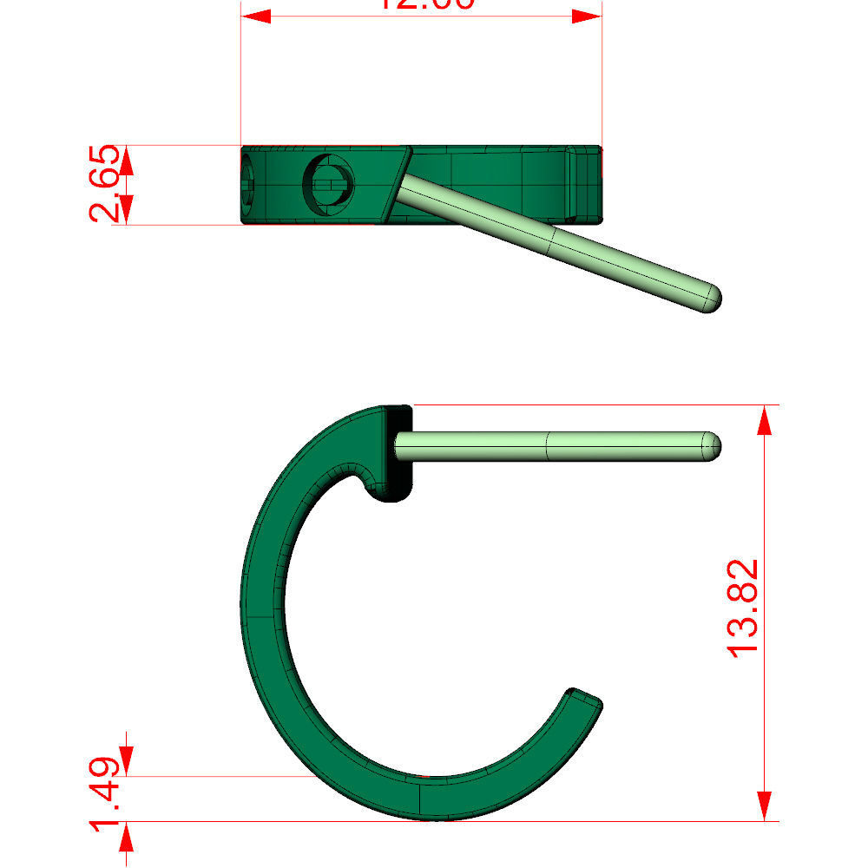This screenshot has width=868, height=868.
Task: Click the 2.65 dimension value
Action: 105,185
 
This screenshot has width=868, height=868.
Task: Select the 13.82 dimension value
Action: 744,608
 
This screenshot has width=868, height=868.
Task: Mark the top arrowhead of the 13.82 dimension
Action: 764,420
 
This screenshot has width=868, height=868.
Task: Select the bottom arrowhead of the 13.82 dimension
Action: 764,806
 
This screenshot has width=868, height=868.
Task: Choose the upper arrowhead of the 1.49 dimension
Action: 127,759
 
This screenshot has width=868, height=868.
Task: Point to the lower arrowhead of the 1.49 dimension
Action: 127,837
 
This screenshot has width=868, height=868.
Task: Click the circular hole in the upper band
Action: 328,183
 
